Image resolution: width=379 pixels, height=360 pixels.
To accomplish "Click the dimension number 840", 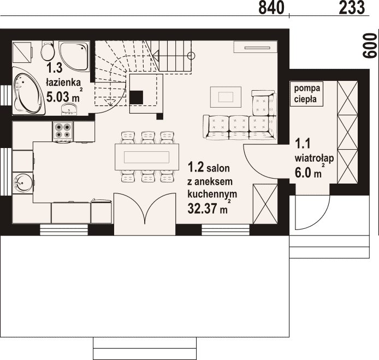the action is pos(271,8).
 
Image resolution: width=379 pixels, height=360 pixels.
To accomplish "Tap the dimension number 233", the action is pos(352,8).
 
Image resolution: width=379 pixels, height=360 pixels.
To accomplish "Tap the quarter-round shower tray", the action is pos(74,56).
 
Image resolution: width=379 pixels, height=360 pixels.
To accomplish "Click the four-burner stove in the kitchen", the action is pos(63,132).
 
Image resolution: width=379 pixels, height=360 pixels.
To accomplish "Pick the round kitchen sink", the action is pos(22,182).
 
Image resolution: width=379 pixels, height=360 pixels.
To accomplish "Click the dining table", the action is pos(147,157).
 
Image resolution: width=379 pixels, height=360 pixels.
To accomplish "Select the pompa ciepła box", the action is pos(307,94).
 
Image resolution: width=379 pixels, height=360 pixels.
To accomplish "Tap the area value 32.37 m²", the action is pos(208,208).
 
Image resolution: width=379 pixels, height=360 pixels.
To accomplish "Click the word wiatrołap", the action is pos(315,158).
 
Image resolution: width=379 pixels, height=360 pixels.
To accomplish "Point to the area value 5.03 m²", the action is pos(63,96).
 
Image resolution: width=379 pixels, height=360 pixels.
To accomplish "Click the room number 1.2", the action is pos(196,168).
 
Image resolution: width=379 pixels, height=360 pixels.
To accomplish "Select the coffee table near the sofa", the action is pos(226,97).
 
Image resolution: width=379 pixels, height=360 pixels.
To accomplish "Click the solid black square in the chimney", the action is pos(137,98).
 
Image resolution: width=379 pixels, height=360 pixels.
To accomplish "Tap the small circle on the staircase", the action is pos(191,56).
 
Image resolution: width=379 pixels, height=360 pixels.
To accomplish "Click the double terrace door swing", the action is pos(145,208).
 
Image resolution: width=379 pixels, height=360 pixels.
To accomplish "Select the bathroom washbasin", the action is pos(70,109).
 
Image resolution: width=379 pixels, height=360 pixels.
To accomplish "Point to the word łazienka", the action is pos(63,82).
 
